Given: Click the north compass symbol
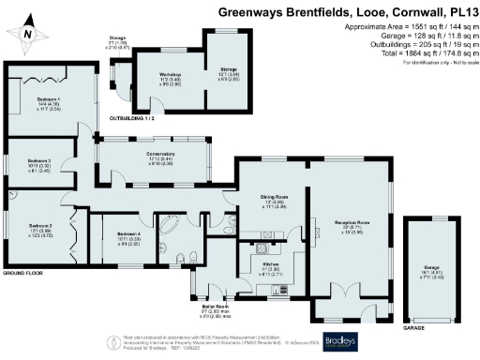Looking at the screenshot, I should (x=29, y=34).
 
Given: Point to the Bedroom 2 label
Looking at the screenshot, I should (x=40, y=226).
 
